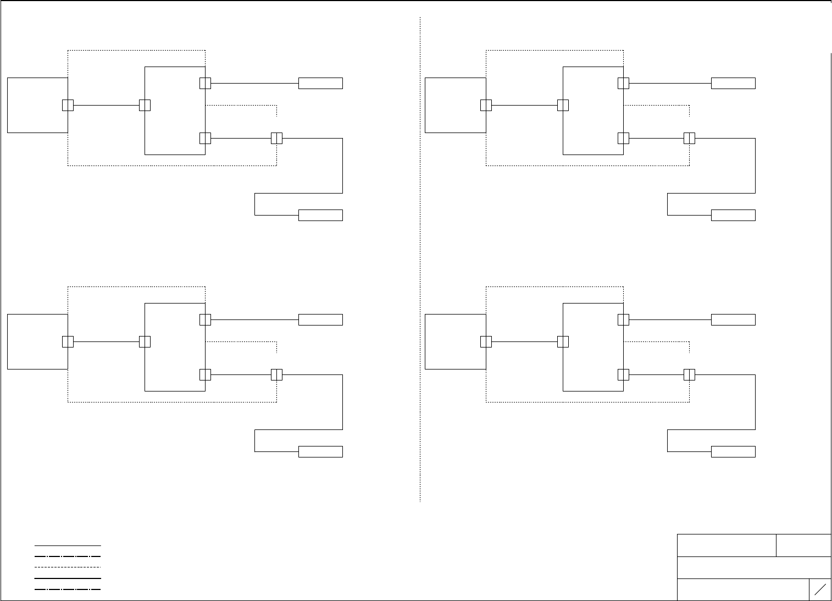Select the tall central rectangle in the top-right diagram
(593, 111)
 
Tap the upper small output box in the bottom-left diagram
(320, 319)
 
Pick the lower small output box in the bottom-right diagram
(733, 451)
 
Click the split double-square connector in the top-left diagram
(276, 138)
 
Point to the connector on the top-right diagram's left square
(486, 105)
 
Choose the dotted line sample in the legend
(68, 567)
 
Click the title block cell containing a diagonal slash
(820, 589)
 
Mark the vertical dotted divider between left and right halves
(420, 258)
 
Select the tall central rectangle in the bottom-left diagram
(175, 347)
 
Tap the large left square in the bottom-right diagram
(456, 341)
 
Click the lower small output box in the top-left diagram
(320, 215)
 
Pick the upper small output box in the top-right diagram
(733, 83)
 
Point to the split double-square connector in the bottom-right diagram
(689, 374)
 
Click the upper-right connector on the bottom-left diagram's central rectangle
(205, 319)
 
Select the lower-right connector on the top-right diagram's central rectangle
(623, 138)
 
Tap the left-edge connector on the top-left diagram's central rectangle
(145, 105)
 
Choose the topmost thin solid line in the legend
(68, 545)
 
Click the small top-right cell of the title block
(803, 545)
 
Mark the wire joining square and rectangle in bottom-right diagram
(524, 341)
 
